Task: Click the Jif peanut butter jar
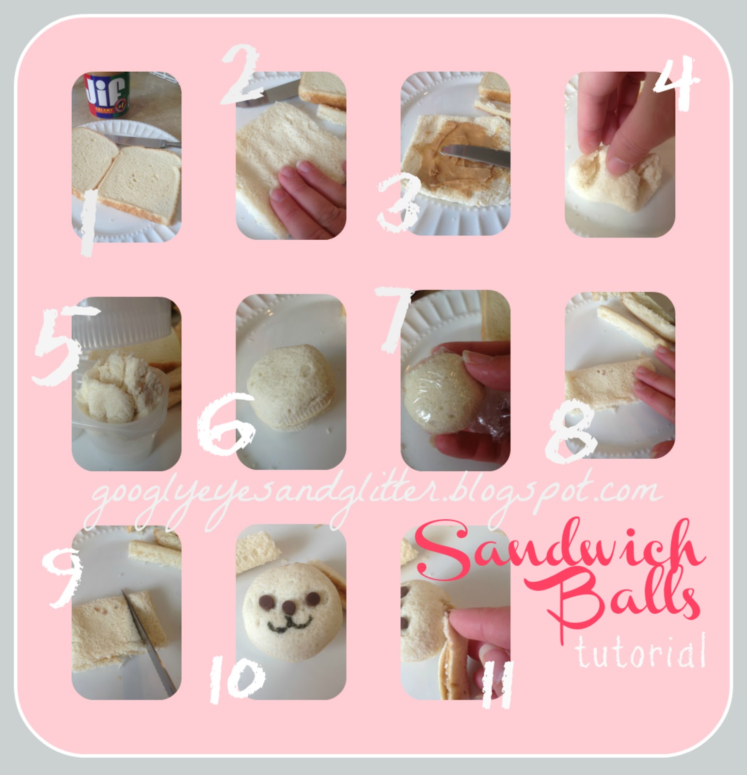106,95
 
